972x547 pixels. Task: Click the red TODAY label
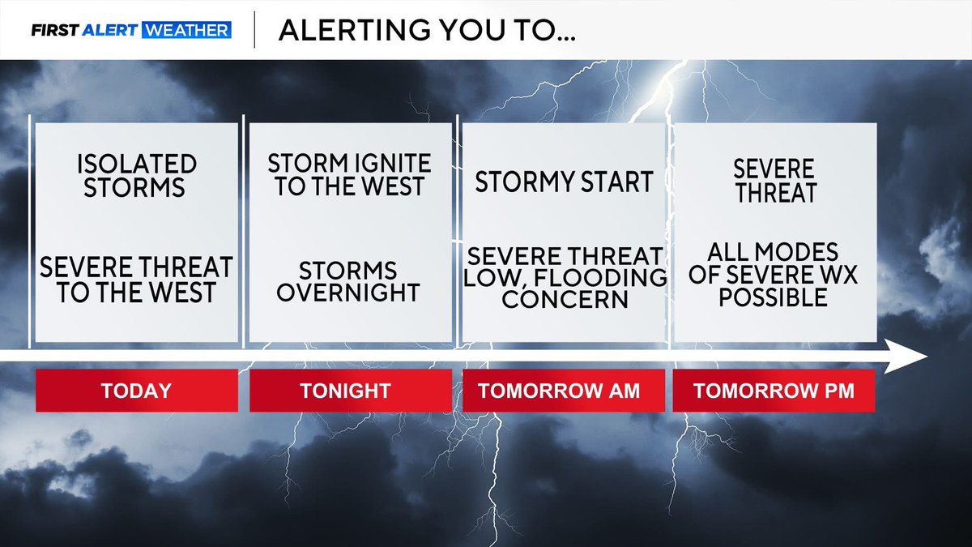tap(136, 391)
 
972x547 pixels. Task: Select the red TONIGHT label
tap(345, 391)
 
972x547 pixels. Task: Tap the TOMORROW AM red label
tap(559, 391)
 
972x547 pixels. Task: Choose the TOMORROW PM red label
tap(774, 391)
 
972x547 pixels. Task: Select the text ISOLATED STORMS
tap(137, 176)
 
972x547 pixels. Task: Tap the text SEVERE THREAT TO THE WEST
tap(136, 280)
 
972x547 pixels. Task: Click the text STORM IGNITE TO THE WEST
tap(350, 174)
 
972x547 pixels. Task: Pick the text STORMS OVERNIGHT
tap(348, 281)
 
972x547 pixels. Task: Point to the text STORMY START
tap(564, 182)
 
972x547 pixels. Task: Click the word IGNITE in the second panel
tap(384, 163)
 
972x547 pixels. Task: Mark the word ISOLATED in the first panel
tap(137, 164)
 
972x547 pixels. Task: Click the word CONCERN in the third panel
tap(565, 298)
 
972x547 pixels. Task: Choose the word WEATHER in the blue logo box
tap(186, 31)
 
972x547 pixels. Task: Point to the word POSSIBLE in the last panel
tap(773, 297)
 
